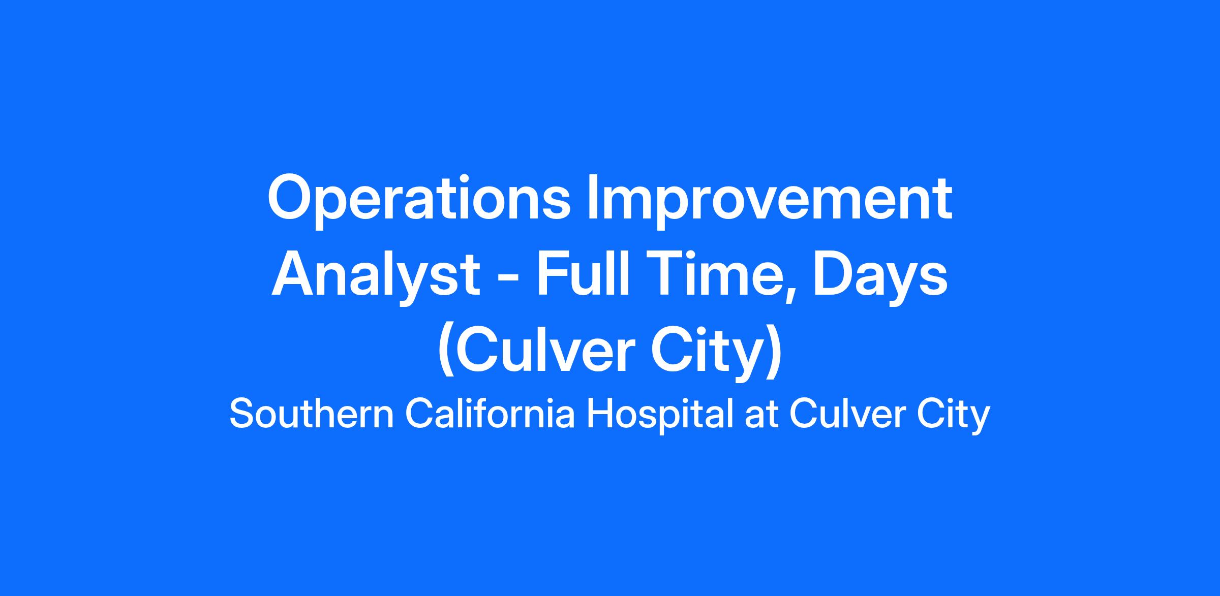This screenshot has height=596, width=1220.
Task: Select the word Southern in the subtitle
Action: [x=312, y=414]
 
